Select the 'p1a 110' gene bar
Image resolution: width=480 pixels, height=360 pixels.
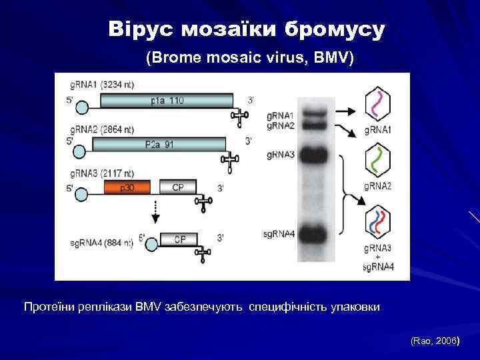coord(167,101)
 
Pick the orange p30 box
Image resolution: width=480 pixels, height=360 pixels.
coord(127,187)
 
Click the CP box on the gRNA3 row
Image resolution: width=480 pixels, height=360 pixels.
coord(178,187)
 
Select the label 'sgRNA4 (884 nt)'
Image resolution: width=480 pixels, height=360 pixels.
coord(101,244)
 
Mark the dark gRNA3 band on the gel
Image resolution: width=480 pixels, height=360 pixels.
coord(313,155)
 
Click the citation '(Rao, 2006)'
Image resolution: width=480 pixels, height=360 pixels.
coord(435,341)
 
